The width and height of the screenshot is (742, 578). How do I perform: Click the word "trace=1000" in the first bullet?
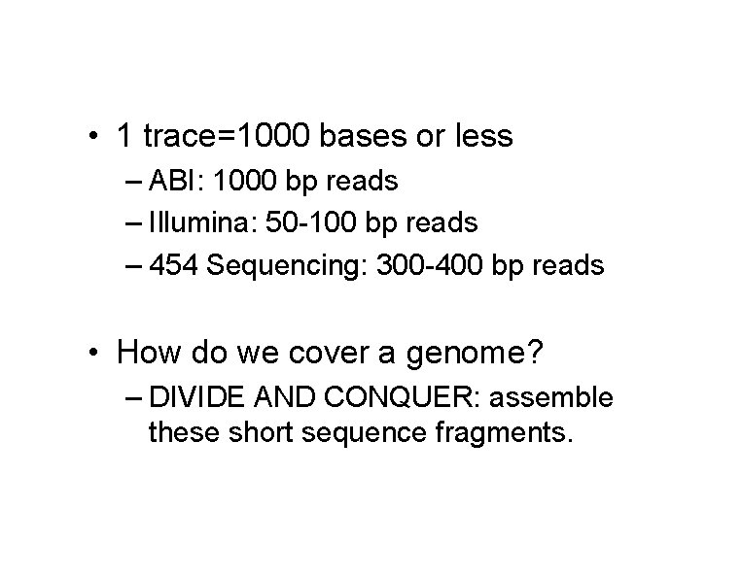pyautogui.click(x=228, y=137)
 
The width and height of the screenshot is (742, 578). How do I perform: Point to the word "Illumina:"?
pyautogui.click(x=199, y=223)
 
